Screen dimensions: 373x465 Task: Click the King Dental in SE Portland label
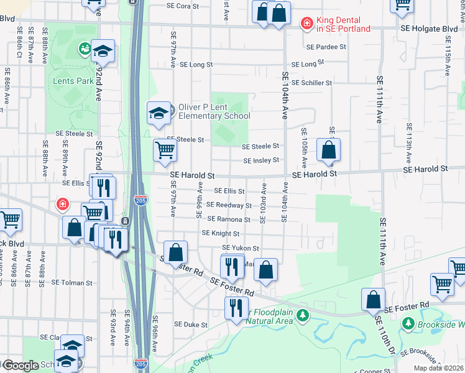(x=343, y=24)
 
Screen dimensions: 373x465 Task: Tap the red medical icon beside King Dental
(x=306, y=24)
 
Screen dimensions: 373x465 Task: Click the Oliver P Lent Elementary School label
(x=214, y=111)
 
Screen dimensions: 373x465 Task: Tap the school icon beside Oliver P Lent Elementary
(x=159, y=113)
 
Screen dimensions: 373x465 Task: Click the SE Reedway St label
(x=229, y=205)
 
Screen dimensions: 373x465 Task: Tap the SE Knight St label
(x=220, y=233)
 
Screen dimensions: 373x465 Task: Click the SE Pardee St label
(x=326, y=47)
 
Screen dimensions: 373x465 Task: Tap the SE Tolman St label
(x=72, y=282)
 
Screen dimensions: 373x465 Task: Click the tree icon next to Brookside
(x=408, y=323)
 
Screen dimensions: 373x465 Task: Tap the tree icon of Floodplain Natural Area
(x=303, y=316)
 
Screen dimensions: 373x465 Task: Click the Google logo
(x=20, y=366)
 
